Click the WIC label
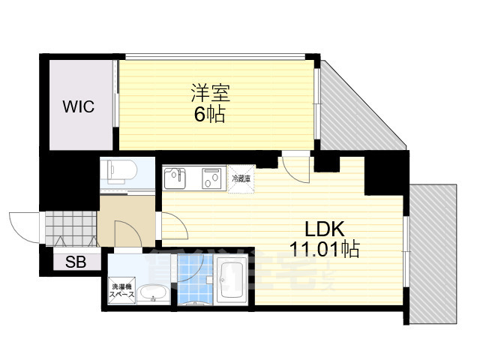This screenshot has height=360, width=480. (x=78, y=106)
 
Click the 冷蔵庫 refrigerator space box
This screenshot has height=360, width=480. (x=241, y=180)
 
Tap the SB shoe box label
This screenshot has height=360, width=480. (x=74, y=262)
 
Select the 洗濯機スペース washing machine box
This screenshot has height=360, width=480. (x=124, y=291)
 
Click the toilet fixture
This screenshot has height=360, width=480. (x=118, y=170)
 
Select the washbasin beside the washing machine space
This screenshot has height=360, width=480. (x=152, y=294)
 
